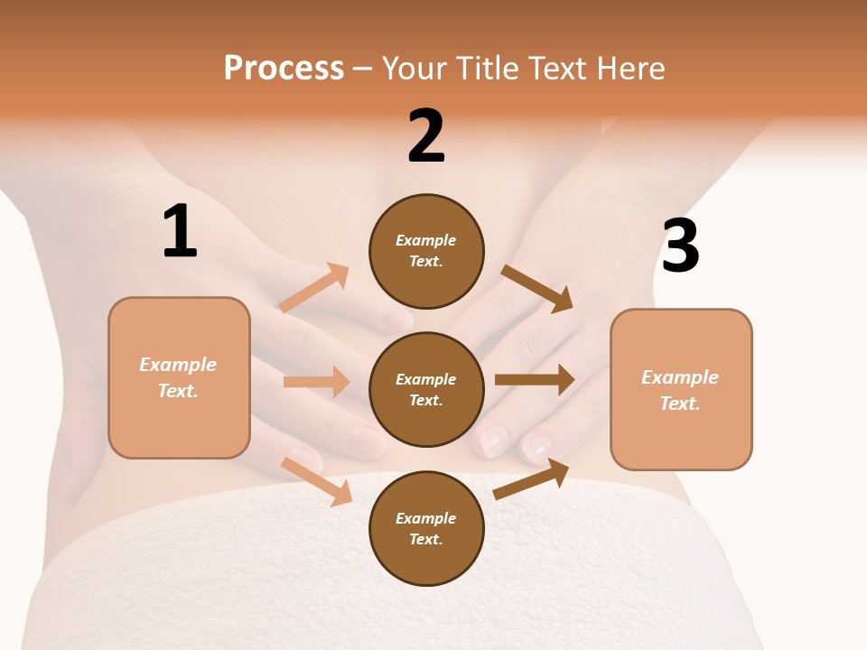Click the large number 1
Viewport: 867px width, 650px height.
pyautogui.click(x=180, y=232)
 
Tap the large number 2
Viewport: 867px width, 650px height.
pyautogui.click(x=426, y=136)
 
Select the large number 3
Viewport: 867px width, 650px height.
pyautogui.click(x=680, y=246)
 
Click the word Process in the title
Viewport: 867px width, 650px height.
pyautogui.click(x=284, y=68)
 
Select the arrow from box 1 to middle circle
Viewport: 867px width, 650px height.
pyautogui.click(x=316, y=382)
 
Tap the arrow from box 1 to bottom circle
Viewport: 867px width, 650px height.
pyautogui.click(x=317, y=480)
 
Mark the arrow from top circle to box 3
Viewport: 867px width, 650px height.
pyautogui.click(x=538, y=288)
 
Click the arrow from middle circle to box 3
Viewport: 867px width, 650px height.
pyautogui.click(x=534, y=379)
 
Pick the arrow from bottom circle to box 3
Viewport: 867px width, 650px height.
pyautogui.click(x=532, y=478)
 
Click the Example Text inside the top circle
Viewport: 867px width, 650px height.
pyautogui.click(x=426, y=251)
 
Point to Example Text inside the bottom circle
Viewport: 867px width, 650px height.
pyautogui.click(x=426, y=529)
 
